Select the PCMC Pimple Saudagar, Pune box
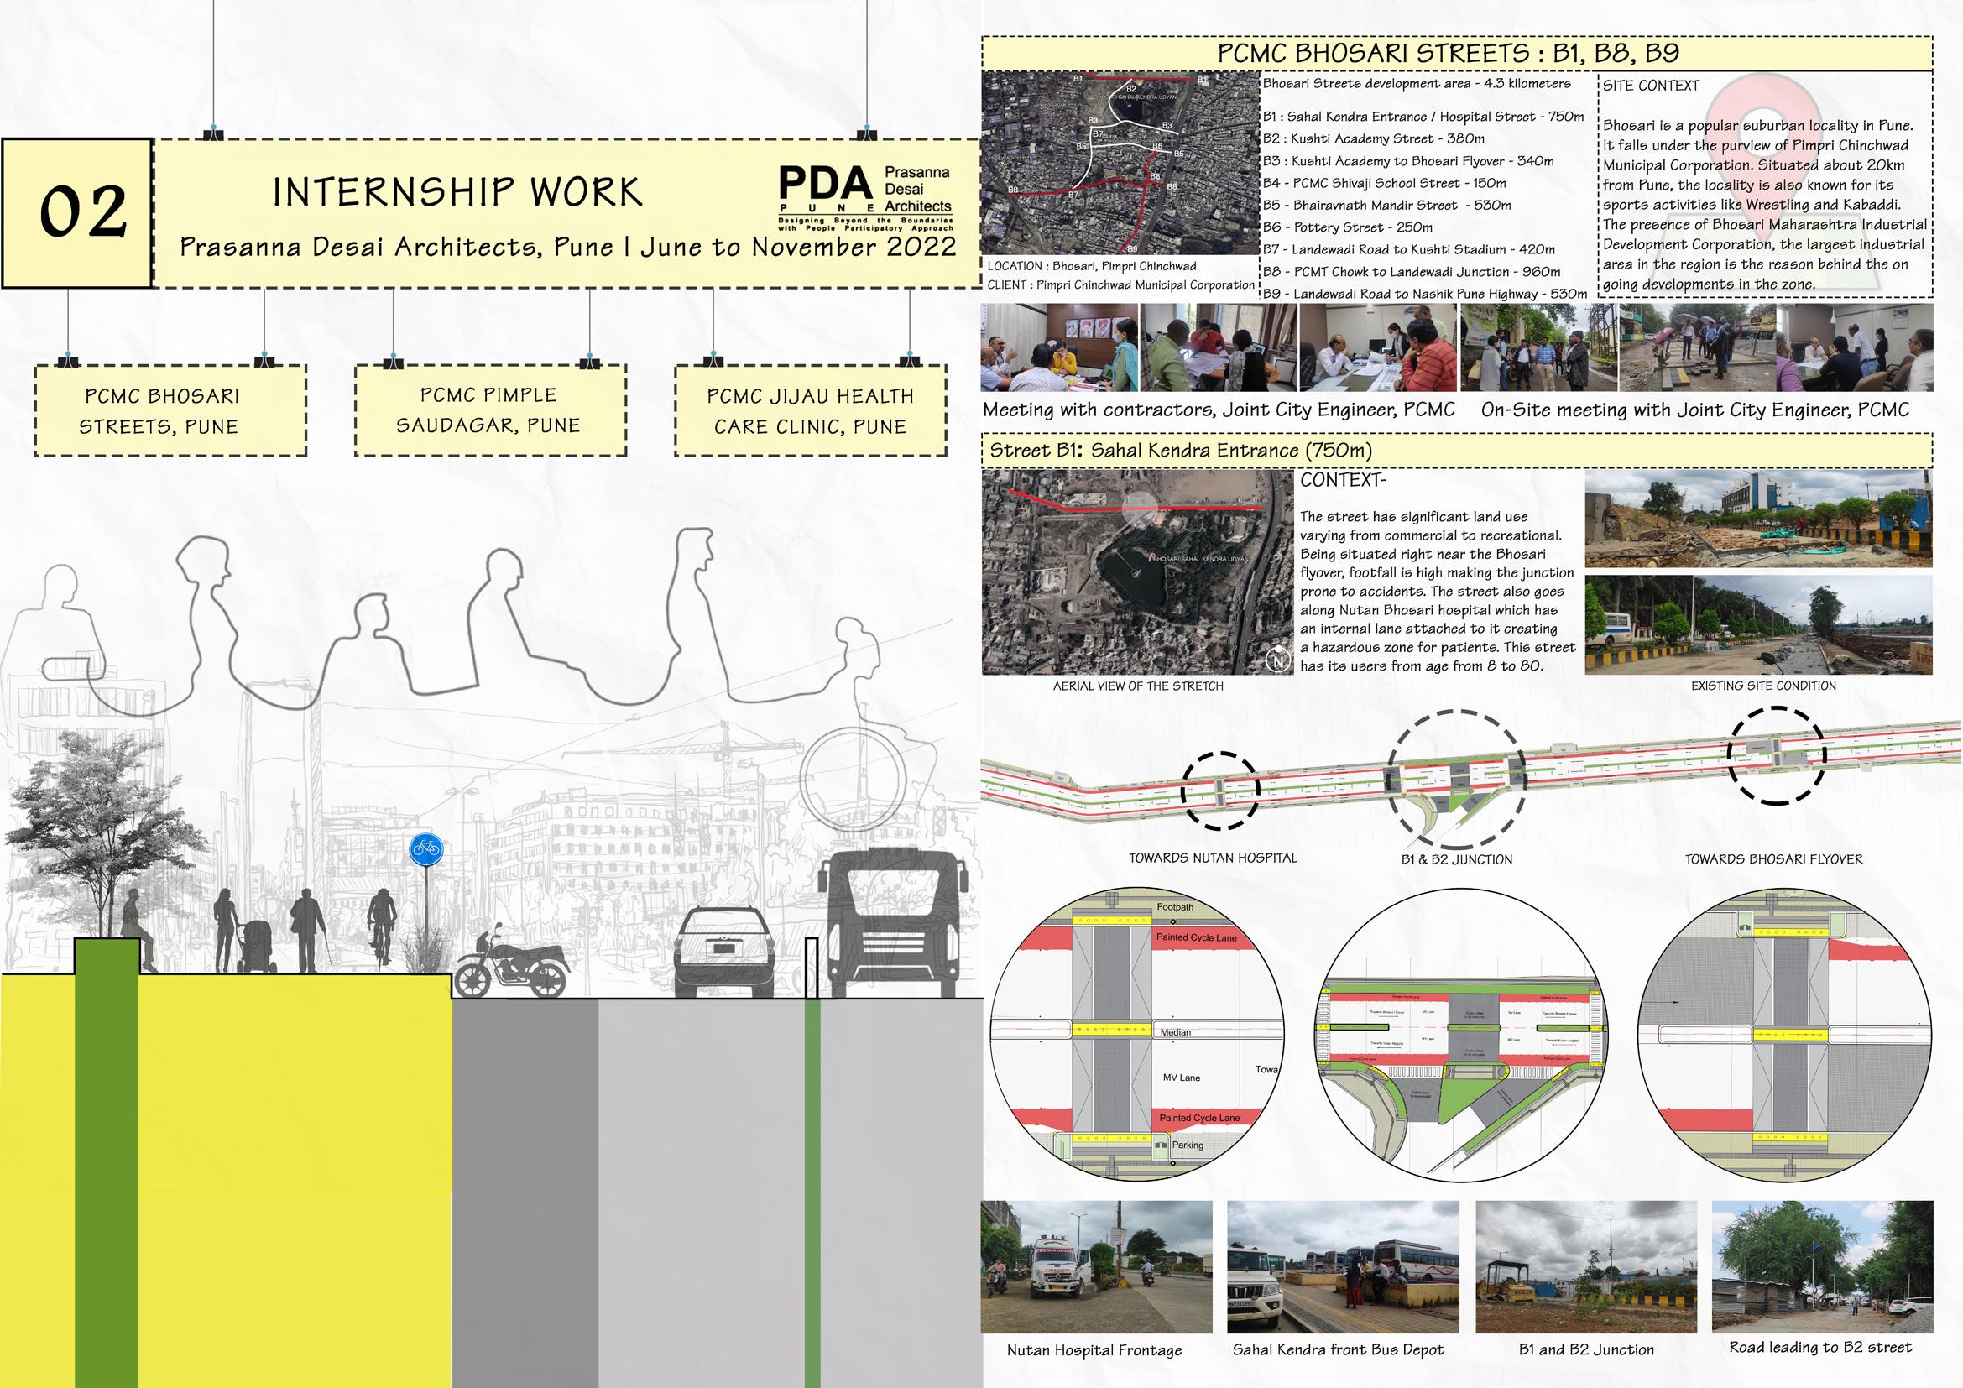coord(489,410)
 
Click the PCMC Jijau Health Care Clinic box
coord(810,411)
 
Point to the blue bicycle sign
coord(425,848)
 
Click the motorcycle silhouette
coord(511,965)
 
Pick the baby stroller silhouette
coord(257,947)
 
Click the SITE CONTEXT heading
coord(1650,86)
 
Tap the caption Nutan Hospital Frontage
coord(1094,1350)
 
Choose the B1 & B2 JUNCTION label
coord(1456,860)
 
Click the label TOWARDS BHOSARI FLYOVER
coord(1773,859)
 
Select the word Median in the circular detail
coord(1176,1031)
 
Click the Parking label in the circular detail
coord(1188,1145)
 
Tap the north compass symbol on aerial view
coord(1278,660)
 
